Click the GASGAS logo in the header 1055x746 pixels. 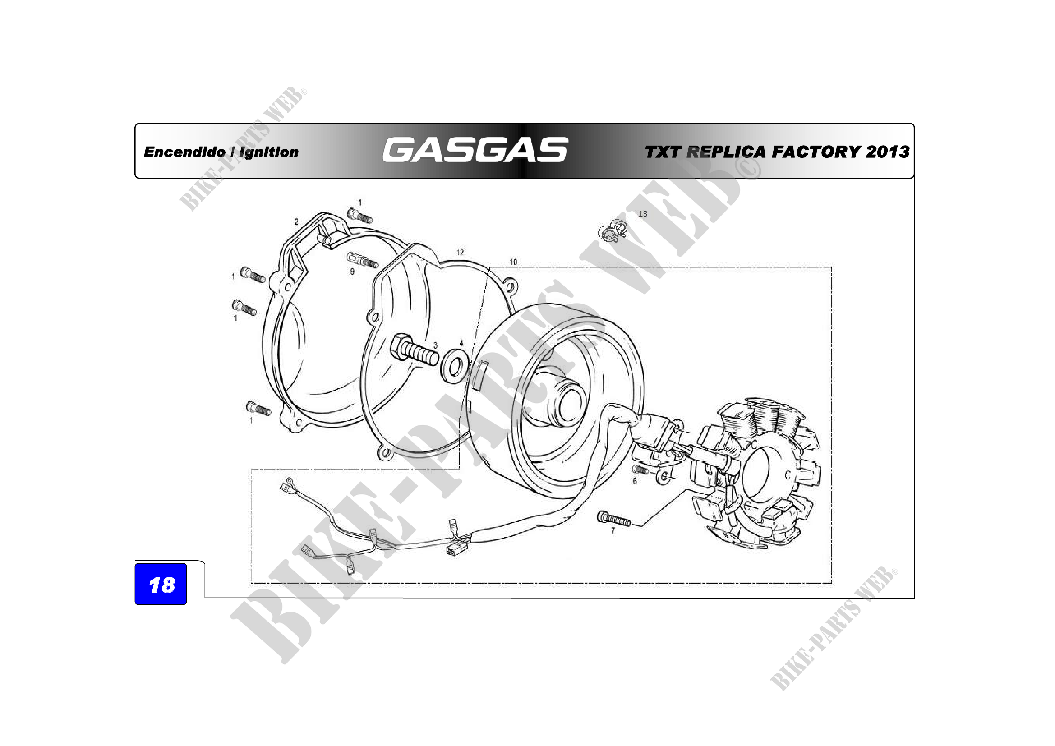475,150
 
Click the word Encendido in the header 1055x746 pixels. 185,152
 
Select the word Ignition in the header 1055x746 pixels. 269,152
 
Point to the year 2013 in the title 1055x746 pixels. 887,152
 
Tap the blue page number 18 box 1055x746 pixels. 161,584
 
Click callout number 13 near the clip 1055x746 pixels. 642,214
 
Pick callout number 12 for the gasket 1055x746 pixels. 460,252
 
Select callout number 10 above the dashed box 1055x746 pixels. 513,262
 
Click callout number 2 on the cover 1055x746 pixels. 296,221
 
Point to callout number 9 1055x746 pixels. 352,272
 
